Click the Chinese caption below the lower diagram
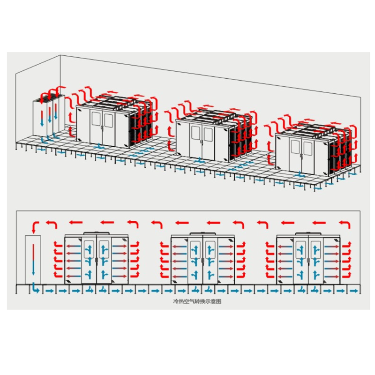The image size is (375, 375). click(197, 301)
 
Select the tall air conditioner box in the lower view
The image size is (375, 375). click(33, 260)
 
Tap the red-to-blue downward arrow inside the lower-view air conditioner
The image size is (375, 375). click(33, 259)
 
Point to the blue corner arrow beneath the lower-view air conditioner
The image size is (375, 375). click(36, 288)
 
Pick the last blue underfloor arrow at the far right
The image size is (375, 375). click(354, 291)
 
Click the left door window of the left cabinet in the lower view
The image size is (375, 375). click(89, 249)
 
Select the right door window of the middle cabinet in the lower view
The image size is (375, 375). click(210, 249)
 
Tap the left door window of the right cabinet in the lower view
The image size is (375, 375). click(300, 249)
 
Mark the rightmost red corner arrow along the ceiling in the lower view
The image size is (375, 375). click(345, 225)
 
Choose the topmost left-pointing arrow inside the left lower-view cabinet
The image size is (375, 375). click(74, 246)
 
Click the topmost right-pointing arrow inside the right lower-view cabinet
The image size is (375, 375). click(332, 246)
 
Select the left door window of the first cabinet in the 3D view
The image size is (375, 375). click(96, 119)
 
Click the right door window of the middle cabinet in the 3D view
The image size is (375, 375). click(208, 135)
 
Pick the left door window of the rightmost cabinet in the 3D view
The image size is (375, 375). click(295, 148)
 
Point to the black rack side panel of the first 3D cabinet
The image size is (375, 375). click(132, 130)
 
